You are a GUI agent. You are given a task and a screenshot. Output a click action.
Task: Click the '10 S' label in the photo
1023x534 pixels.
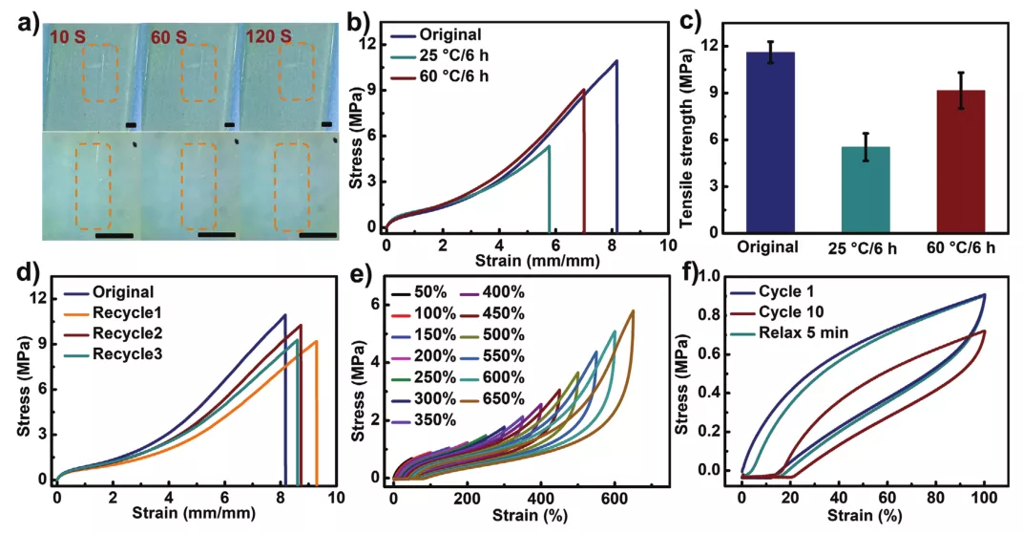click(x=73, y=37)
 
